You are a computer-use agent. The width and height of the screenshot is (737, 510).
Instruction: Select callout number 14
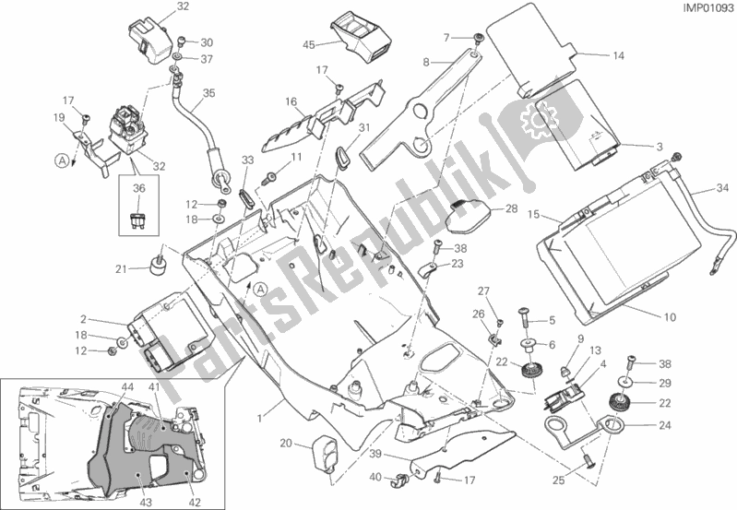point(618,55)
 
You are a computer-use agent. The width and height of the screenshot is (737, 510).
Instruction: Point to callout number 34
point(721,191)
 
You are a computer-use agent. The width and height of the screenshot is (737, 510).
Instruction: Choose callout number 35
point(208,93)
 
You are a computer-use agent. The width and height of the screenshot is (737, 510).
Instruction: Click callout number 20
point(286,444)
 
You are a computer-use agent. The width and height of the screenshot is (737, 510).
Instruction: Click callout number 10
point(670,318)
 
